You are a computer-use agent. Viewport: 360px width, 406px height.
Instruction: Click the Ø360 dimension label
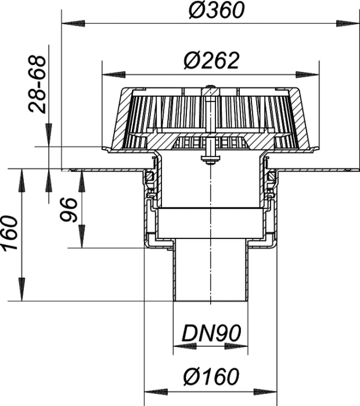[217, 10]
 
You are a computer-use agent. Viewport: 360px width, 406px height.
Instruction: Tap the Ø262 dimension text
[211, 61]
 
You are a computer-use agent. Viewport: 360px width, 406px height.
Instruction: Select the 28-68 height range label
[38, 84]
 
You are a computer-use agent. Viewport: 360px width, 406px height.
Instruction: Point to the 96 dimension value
[69, 210]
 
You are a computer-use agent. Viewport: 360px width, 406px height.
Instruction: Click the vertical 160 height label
[10, 233]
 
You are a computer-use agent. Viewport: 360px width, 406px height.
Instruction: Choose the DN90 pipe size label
[211, 333]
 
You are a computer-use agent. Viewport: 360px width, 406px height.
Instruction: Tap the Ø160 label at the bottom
[211, 376]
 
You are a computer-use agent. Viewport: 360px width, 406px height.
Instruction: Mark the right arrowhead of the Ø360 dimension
[348, 23]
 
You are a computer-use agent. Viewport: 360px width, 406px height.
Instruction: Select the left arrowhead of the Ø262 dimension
[114, 75]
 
